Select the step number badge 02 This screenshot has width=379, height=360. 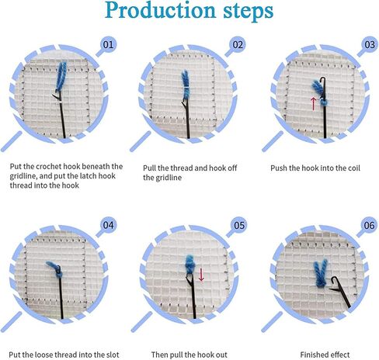coord(238,43)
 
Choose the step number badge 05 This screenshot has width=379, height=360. coord(238,226)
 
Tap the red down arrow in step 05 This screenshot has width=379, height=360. coord(201,274)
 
